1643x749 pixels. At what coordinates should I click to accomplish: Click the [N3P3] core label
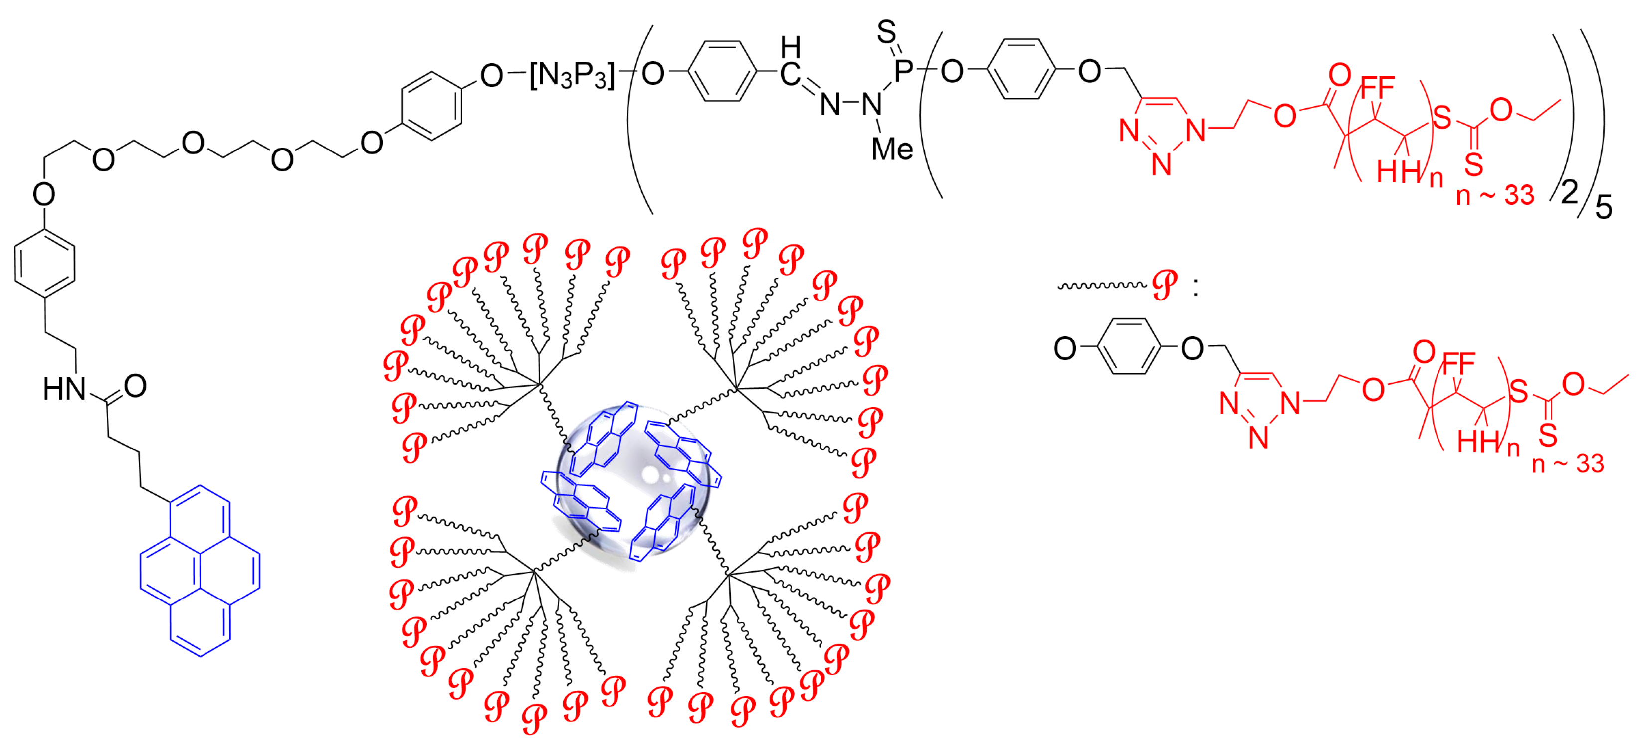point(572,76)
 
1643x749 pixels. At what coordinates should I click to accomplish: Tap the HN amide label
point(64,388)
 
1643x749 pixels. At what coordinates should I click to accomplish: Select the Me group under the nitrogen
point(892,149)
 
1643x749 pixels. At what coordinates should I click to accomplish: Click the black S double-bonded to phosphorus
point(886,31)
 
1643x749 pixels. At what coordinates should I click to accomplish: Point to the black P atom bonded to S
point(904,70)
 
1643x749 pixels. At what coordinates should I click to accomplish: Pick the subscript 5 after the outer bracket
point(1604,207)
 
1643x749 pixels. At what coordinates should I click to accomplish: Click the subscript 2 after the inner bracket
point(1569,192)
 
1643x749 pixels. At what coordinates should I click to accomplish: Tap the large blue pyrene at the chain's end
point(200,571)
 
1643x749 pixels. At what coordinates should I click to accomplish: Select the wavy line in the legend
point(1101,285)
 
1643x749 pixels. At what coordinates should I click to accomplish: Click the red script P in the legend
point(1165,285)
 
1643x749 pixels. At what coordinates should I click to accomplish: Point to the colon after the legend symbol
point(1195,288)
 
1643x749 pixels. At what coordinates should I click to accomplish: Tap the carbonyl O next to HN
point(135,386)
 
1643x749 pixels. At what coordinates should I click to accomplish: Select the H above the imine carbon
point(790,46)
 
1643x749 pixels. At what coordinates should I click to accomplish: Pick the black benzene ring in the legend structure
point(1128,346)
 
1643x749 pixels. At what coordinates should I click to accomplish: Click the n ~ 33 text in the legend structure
point(1568,463)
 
